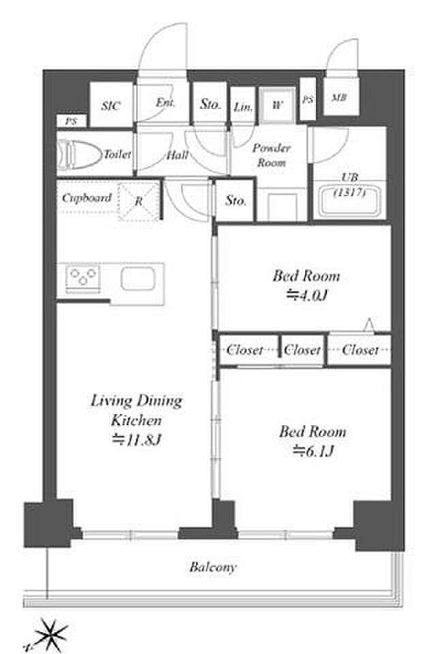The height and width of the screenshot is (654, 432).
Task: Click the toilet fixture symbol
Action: coord(79,155)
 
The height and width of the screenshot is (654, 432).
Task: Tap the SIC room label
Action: coord(111,106)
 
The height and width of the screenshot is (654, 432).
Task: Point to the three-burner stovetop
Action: coord(83,277)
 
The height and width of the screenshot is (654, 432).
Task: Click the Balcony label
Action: coord(213,567)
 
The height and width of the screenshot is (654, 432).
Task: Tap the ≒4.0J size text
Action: coord(306,296)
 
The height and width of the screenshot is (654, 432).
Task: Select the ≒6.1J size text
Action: coord(313,451)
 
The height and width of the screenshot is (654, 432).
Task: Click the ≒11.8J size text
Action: coord(136,440)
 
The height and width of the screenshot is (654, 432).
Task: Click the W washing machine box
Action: coord(277,105)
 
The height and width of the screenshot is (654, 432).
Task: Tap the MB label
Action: coord(339,98)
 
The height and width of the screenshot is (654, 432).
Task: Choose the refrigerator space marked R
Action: coord(139,201)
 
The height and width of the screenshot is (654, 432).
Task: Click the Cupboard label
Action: coord(87,198)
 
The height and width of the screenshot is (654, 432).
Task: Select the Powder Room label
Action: coord(271,155)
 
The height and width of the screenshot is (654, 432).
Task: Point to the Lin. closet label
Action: coord(243,108)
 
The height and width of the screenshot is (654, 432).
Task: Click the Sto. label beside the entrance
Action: coord(210,104)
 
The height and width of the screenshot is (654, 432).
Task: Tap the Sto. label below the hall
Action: coord(236,201)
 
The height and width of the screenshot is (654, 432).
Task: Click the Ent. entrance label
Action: coord(165,103)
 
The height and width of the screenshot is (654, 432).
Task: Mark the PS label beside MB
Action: coord(308,100)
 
